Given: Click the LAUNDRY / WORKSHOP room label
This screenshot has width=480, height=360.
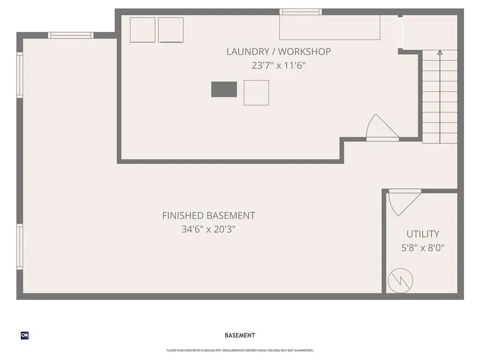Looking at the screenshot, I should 278,52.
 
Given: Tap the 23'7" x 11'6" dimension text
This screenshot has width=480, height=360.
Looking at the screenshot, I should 278,66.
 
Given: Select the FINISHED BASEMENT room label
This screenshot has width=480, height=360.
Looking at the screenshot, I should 209,216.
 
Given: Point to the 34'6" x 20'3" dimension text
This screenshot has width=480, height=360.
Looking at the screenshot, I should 209,230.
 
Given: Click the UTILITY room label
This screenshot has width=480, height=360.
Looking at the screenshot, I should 423,234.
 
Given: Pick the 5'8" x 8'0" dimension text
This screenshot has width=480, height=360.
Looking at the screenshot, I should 423,248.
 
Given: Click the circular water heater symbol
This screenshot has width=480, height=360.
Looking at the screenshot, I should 401,280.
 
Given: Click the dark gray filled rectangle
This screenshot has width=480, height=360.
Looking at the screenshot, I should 224,89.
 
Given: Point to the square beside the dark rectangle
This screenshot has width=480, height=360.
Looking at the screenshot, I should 256,92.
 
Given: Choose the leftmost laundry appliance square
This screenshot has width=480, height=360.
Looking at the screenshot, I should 142,30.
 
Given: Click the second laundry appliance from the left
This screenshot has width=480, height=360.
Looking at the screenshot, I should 171,30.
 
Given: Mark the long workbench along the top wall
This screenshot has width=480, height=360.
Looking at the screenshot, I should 330,28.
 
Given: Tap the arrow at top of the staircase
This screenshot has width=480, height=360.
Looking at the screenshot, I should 440,53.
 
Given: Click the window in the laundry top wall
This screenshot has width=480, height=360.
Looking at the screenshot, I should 300,12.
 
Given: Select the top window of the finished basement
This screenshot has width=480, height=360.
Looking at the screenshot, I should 71,35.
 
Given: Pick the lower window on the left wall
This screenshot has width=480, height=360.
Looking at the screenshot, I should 20,247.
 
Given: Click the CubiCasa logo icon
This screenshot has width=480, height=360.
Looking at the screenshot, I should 25,336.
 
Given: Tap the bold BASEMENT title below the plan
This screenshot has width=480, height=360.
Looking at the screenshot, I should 240,336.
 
